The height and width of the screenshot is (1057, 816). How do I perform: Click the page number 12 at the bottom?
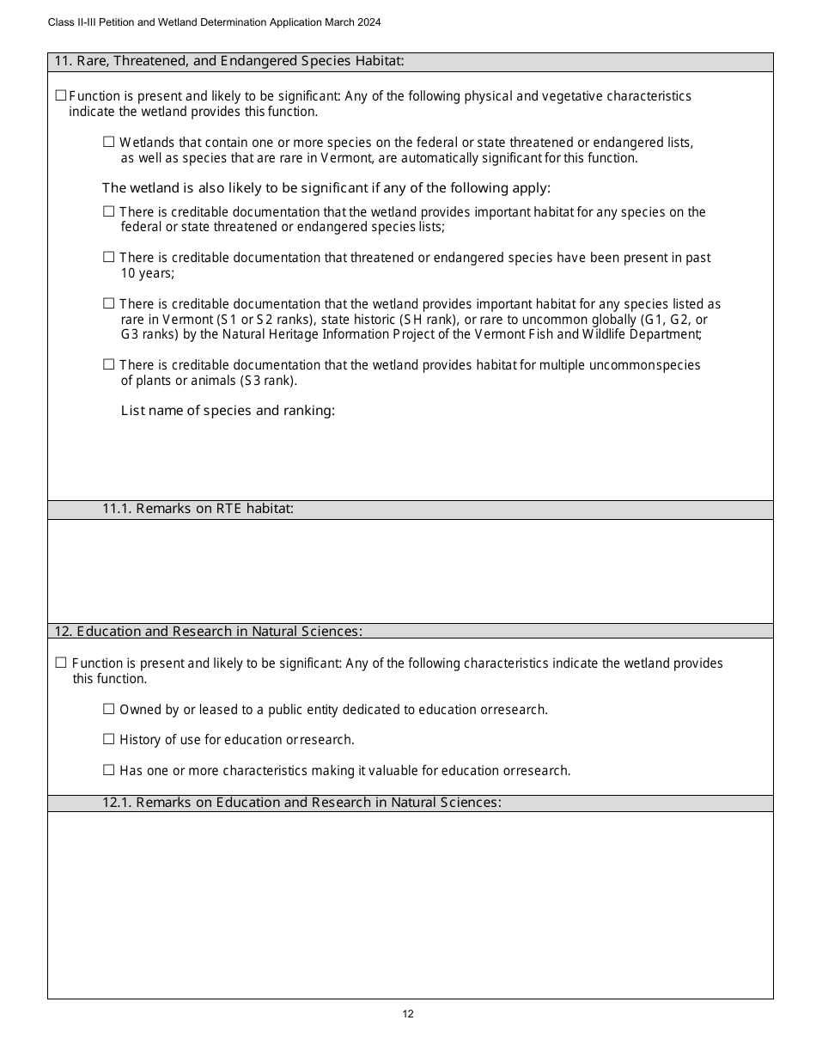point(408,1014)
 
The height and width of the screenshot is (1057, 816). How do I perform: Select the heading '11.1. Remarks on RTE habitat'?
point(198,509)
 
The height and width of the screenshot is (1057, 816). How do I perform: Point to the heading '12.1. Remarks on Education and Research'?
point(301,803)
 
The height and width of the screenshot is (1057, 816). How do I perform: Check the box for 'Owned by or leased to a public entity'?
point(109,709)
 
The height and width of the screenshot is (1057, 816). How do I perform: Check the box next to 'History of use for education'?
point(109,739)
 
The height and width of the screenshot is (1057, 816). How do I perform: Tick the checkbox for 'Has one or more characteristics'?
point(109,770)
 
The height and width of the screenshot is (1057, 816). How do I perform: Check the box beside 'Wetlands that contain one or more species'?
point(109,142)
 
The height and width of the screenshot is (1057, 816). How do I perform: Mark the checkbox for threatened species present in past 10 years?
point(109,257)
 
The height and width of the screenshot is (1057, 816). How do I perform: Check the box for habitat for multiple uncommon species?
point(109,364)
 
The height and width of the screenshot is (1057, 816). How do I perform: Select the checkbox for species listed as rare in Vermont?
point(109,303)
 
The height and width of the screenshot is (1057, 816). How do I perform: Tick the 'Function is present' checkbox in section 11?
point(61,95)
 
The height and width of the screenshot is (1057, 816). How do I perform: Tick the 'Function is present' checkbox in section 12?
point(61,663)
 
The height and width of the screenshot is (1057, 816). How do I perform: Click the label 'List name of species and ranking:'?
point(228,411)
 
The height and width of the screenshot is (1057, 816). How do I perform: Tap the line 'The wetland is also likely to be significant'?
point(326,188)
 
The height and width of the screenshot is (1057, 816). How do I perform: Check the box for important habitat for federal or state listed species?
point(109,211)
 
